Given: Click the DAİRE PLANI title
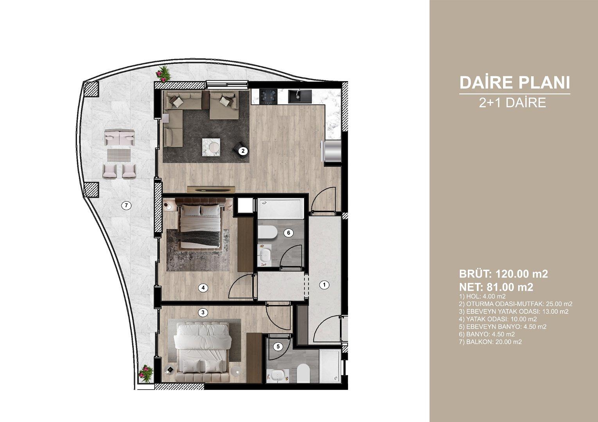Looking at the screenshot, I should [514, 83].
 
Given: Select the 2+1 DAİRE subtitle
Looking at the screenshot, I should [512, 103].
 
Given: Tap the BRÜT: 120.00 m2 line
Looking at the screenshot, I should [503, 274].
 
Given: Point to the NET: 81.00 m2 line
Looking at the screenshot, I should [496, 287].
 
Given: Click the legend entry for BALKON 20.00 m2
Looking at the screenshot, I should [490, 342].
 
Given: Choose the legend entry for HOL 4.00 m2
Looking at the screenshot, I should [482, 296].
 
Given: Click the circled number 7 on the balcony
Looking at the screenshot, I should [126, 205].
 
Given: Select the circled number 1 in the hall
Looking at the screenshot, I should [324, 285].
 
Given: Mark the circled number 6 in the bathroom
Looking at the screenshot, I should [288, 233].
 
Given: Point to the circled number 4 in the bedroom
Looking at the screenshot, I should [203, 288].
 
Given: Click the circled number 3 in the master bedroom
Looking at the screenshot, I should [203, 312].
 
